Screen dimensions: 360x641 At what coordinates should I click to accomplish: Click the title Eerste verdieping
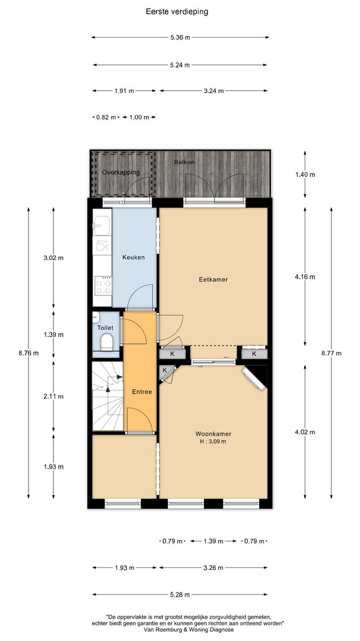click(x=177, y=12)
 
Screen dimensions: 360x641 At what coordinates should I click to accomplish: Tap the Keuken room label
click(x=133, y=258)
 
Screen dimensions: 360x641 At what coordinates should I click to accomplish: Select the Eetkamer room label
click(x=213, y=280)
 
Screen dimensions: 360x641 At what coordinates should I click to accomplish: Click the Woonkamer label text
click(x=211, y=434)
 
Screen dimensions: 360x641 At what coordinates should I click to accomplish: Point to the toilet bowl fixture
click(x=107, y=341)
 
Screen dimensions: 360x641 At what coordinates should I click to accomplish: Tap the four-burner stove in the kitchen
click(x=103, y=285)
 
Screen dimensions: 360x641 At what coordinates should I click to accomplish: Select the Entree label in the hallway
click(x=142, y=392)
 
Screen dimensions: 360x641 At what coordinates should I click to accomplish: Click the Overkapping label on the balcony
click(x=120, y=172)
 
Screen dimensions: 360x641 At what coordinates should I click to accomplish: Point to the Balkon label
click(x=184, y=162)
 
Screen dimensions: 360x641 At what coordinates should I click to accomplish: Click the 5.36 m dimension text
click(x=180, y=37)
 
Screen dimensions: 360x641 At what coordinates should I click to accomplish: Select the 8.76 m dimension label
click(x=28, y=353)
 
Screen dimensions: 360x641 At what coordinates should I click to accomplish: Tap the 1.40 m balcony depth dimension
click(x=305, y=174)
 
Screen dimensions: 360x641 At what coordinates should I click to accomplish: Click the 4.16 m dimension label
click(x=305, y=277)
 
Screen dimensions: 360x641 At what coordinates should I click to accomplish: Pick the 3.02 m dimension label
click(x=53, y=258)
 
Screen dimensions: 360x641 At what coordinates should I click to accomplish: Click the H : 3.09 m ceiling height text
click(x=211, y=442)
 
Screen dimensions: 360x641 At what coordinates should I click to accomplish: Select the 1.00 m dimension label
click(x=139, y=118)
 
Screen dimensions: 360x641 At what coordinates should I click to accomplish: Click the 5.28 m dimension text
click(x=180, y=595)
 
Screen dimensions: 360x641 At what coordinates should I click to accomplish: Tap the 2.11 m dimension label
click(x=53, y=396)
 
